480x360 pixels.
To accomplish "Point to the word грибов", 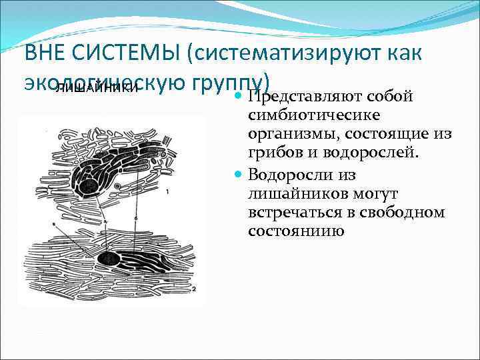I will [x=269, y=155].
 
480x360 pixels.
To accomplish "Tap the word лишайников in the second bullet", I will [x=286, y=193].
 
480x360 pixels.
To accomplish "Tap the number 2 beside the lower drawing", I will [x=193, y=290].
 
